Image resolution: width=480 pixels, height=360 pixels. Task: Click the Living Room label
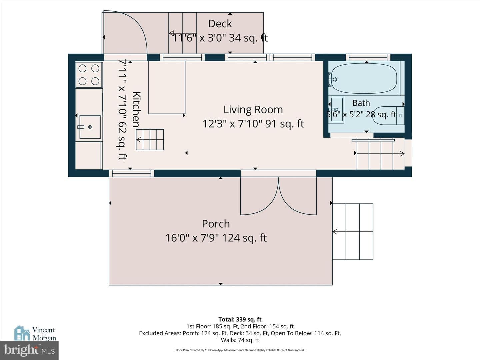tap(253, 110)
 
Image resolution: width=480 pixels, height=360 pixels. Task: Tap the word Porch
tap(216, 224)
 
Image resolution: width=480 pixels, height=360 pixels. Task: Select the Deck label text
tap(220, 24)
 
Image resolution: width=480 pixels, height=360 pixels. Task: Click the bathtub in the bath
tap(364, 78)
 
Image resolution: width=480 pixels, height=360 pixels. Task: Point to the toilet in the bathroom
tap(388, 116)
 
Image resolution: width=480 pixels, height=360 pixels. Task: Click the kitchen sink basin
tap(90, 127)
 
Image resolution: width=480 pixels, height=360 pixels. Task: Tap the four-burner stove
tap(89, 75)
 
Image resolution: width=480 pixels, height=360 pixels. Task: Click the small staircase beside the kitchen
tap(150, 140)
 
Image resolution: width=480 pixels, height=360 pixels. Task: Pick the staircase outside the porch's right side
tap(353, 232)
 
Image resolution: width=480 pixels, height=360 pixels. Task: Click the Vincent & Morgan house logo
tap(22, 333)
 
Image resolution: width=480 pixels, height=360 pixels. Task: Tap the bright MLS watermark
tap(29, 350)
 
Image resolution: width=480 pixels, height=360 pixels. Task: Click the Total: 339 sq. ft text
tap(240, 319)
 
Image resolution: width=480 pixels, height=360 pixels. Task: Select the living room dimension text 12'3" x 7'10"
tap(232, 124)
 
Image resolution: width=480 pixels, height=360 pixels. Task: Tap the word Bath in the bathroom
tap(361, 103)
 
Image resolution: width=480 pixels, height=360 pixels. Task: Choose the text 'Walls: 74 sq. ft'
tap(240, 340)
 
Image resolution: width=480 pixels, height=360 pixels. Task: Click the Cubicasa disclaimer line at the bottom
tap(240, 350)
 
